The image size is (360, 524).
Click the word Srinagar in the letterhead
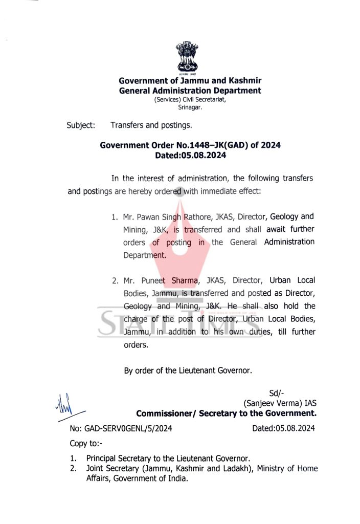(x=190, y=108)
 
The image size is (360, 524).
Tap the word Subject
(x=81, y=125)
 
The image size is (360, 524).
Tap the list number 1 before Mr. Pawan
(x=115, y=217)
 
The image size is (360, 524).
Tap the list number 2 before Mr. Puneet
(x=115, y=280)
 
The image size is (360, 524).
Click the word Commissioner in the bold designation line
(x=164, y=413)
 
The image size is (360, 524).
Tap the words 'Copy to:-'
(x=86, y=443)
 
